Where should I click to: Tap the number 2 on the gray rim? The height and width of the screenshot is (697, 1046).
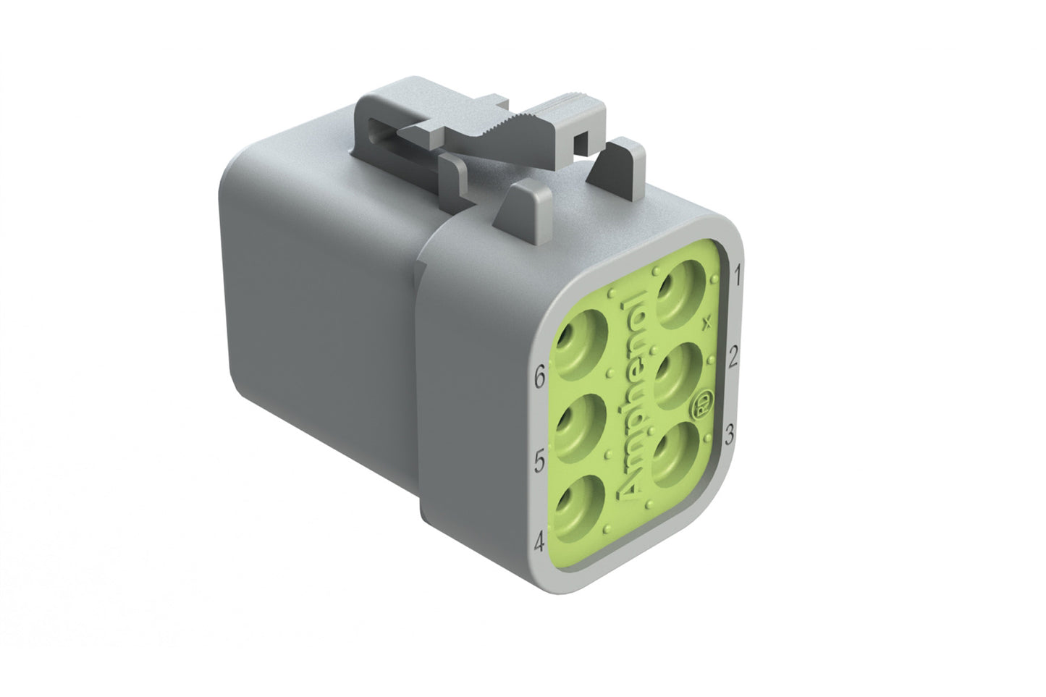(x=734, y=356)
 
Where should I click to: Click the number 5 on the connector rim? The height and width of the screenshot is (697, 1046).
(x=539, y=460)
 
